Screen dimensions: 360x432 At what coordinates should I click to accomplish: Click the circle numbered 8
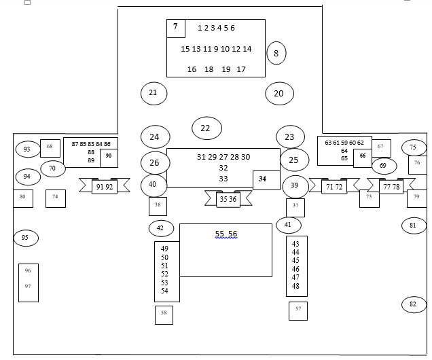[x=276, y=53]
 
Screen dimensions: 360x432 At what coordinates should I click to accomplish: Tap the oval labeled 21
[x=154, y=93]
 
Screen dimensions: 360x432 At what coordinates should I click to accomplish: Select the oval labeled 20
[x=278, y=94]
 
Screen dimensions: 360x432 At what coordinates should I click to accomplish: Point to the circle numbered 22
[x=206, y=128]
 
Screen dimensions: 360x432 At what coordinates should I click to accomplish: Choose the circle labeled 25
[x=293, y=160]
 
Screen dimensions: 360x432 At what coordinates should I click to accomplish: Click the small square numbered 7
[x=176, y=28]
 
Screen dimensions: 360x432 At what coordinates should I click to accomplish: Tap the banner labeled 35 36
[x=228, y=199]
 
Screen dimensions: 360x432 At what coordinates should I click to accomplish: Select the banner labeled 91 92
[x=105, y=187]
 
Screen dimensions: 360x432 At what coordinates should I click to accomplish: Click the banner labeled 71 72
[x=334, y=187]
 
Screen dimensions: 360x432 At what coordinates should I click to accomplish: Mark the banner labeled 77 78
[x=391, y=187]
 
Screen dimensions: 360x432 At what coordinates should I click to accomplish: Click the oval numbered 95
[x=26, y=238]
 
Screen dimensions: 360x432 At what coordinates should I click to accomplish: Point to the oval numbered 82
[x=413, y=304]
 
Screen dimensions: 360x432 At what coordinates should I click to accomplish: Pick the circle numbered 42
[x=160, y=228]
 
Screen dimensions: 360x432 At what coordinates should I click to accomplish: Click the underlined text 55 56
[x=226, y=234]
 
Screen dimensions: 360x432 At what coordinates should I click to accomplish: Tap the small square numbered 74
[x=56, y=198]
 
